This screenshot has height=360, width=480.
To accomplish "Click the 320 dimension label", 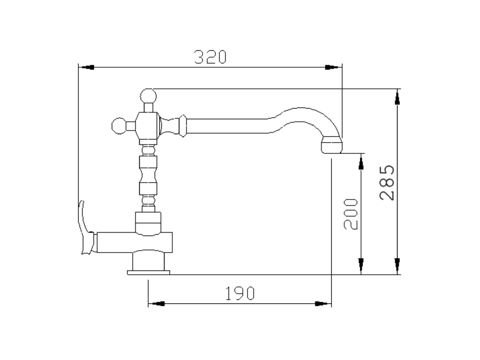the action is [210, 57].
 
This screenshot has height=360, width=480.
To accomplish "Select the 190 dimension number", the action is [240, 293].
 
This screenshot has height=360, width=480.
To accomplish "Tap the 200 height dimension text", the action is [351, 214].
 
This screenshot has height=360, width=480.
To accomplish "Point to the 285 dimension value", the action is [387, 183].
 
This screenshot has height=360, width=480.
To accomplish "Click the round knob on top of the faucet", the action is [148, 96].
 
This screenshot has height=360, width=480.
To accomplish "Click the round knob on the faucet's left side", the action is [120, 126].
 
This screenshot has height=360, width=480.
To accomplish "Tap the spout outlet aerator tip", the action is [331, 145].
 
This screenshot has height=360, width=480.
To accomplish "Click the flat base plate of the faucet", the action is [149, 272].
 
